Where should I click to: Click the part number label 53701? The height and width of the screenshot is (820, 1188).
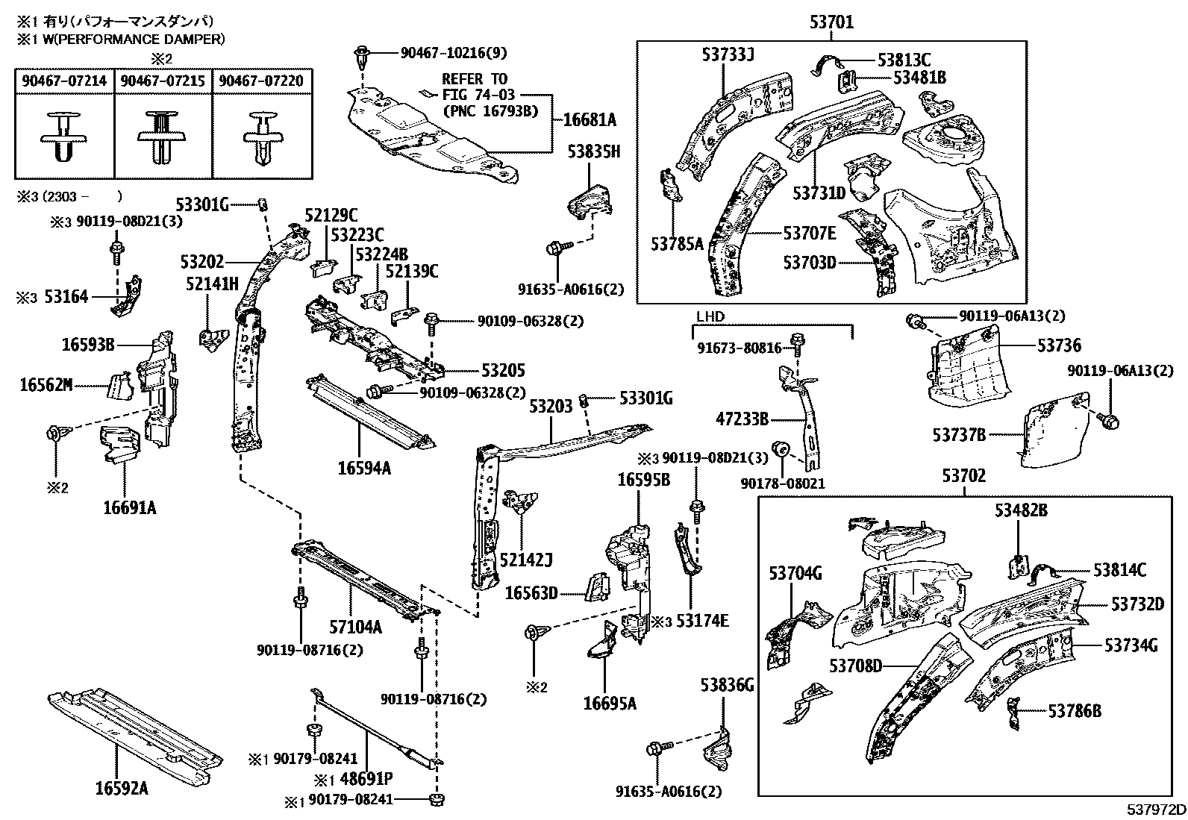[x=831, y=23]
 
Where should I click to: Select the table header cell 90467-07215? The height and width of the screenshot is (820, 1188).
[x=163, y=81]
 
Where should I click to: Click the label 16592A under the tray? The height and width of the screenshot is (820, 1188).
[x=121, y=788]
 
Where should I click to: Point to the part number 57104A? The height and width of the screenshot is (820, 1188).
[x=355, y=627]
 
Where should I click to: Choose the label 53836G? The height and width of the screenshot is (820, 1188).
[x=727, y=685]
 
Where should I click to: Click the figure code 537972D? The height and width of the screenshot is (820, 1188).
[x=1155, y=810]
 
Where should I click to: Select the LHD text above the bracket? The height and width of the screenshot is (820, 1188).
[x=710, y=316]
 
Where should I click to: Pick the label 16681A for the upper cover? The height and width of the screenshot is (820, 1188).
[x=589, y=119]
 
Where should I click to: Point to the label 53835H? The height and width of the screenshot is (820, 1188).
[x=593, y=153]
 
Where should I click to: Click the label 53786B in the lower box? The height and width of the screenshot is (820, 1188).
[x=1074, y=711]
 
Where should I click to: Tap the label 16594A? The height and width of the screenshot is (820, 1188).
[x=363, y=468]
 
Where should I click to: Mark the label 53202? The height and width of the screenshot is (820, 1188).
[x=201, y=262]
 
